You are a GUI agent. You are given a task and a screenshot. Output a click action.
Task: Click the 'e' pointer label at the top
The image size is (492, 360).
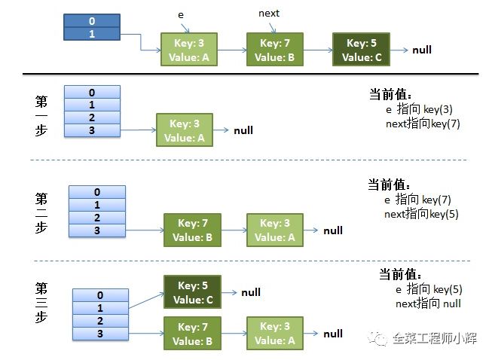click(x=180, y=14)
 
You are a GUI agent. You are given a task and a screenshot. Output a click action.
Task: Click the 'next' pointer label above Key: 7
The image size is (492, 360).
click(x=269, y=14)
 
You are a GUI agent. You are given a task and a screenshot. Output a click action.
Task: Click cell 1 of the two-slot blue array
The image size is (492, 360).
click(x=91, y=34)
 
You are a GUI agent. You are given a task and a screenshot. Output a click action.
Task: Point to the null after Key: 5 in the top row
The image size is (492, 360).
click(x=422, y=50)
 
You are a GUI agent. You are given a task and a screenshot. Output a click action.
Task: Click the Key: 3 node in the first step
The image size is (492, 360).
click(x=185, y=130)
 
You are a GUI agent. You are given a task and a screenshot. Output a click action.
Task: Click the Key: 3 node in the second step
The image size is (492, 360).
click(x=276, y=230)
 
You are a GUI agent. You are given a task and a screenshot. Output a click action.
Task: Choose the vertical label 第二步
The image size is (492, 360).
click(x=42, y=214)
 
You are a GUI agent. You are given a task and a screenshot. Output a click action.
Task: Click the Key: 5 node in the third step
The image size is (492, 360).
click(x=192, y=292)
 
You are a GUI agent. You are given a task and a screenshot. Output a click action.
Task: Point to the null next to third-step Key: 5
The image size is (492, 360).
click(x=251, y=292)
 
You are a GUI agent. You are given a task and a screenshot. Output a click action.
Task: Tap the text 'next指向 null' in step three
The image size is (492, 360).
click(x=428, y=304)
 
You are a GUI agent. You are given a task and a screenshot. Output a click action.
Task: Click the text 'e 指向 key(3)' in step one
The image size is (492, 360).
click(x=422, y=110)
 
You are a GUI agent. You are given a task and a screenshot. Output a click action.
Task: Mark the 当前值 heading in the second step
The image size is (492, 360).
click(x=388, y=185)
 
